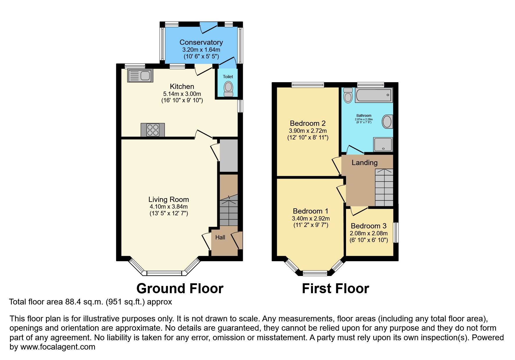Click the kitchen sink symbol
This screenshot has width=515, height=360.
click(x=140, y=76)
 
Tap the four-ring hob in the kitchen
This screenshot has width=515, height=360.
click(x=153, y=130)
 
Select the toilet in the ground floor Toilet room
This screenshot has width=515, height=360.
click(x=229, y=88)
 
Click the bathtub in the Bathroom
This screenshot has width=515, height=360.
click(x=373, y=95)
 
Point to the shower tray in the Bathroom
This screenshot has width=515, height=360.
click(x=383, y=144)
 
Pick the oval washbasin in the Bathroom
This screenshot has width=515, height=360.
click(x=387, y=121)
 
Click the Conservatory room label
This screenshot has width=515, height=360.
click(x=201, y=42)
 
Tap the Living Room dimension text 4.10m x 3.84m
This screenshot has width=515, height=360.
click(x=169, y=207)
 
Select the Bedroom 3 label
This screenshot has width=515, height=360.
click(x=368, y=226)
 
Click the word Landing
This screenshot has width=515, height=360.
click(x=364, y=163)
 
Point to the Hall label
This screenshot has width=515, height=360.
click(x=220, y=237)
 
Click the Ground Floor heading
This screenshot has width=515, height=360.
click(x=180, y=289)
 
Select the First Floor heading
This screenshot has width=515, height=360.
click(x=335, y=289)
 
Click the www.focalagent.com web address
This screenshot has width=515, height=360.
click(x=58, y=347)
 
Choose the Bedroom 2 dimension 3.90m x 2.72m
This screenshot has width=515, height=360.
click(x=308, y=131)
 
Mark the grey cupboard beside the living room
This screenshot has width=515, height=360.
click(x=229, y=155)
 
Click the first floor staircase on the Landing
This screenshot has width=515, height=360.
click(x=384, y=187)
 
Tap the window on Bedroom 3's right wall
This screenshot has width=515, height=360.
click(x=396, y=232)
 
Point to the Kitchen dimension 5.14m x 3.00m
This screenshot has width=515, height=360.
click(x=182, y=94)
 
